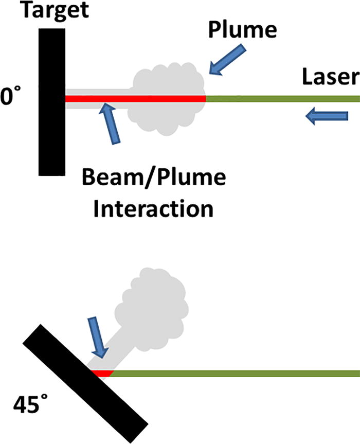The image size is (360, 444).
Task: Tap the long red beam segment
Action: click(x=135, y=98)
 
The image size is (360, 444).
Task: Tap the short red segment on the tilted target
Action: click(x=101, y=372)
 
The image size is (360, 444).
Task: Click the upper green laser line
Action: click(x=283, y=98)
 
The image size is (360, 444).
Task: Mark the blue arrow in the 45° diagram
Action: click(x=97, y=337)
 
